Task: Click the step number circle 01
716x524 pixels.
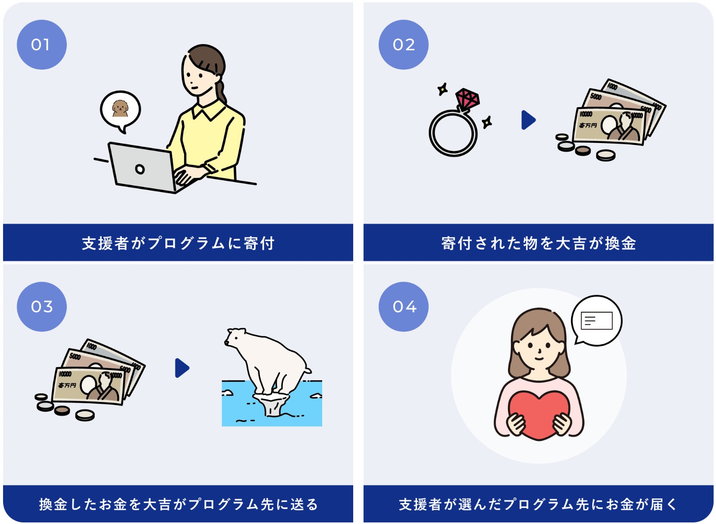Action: (x=42, y=45)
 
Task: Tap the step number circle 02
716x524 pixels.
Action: (x=403, y=45)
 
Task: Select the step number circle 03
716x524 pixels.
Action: (x=42, y=307)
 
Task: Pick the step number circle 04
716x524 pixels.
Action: (x=403, y=307)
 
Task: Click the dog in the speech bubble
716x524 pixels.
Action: (x=120, y=108)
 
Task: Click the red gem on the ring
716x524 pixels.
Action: (x=467, y=99)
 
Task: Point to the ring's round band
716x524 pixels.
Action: (x=453, y=133)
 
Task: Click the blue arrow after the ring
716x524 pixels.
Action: (x=528, y=120)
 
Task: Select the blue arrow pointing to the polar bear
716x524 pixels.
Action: (x=182, y=368)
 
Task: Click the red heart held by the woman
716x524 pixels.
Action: (x=539, y=414)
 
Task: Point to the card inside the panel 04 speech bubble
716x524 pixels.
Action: (x=596, y=321)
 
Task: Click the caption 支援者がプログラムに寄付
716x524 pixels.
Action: (x=178, y=243)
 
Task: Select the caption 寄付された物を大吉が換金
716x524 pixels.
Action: (x=539, y=243)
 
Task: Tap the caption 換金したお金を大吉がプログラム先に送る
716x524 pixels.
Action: (x=178, y=504)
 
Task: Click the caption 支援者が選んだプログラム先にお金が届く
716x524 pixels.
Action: (x=539, y=504)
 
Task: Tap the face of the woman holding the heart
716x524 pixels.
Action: (x=539, y=348)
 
